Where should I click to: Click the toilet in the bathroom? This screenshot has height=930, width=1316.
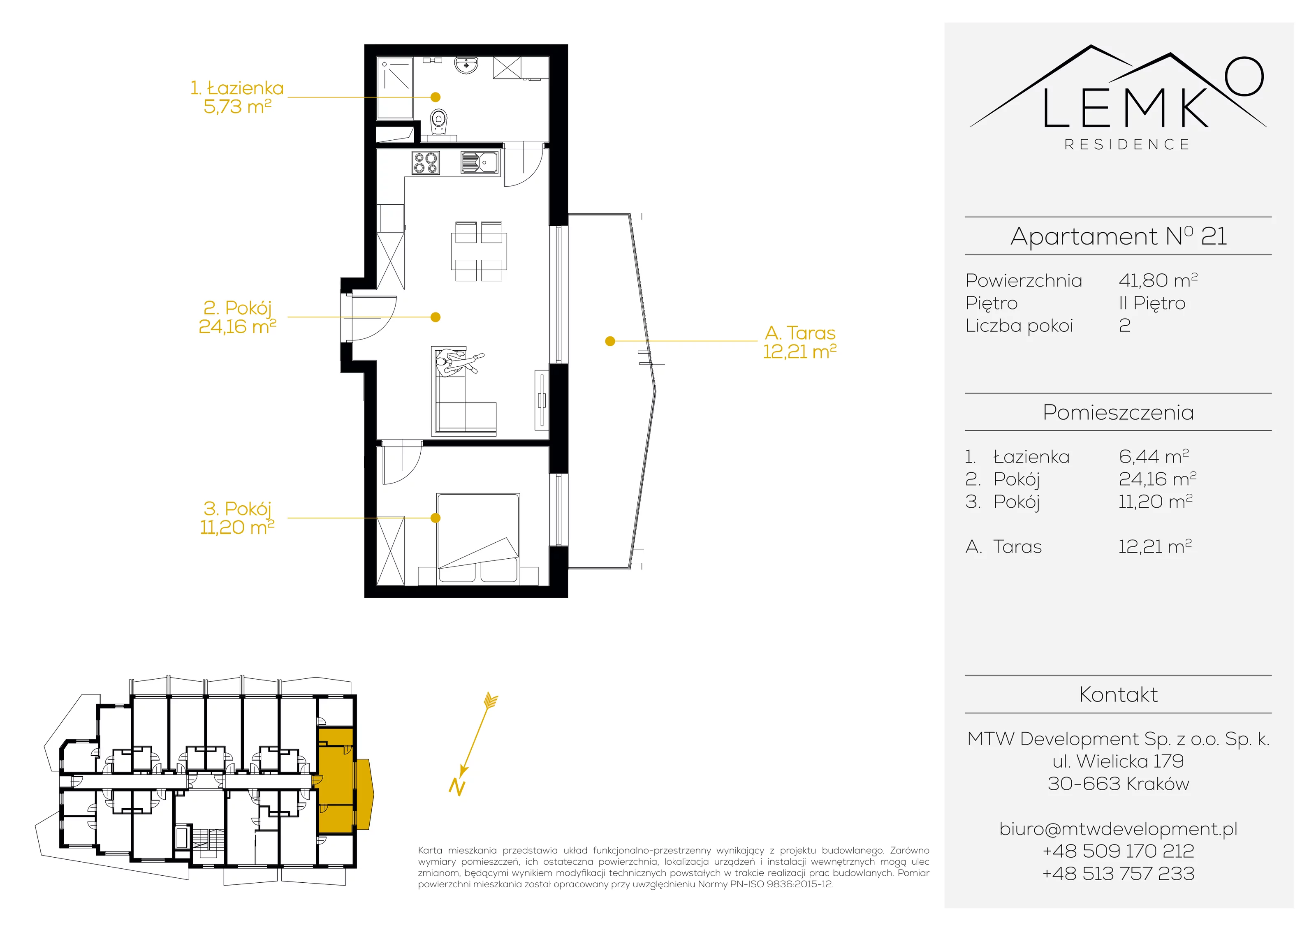click(439, 123)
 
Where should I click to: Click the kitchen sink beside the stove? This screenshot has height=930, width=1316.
click(480, 162)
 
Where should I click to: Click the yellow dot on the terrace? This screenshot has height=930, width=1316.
click(610, 341)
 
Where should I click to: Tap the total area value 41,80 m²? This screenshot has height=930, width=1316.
click(1158, 280)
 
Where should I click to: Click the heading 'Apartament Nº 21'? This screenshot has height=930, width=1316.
click(1118, 236)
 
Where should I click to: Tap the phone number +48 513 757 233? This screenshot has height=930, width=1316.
click(1118, 874)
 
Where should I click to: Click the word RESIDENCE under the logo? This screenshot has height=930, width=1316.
click(1127, 144)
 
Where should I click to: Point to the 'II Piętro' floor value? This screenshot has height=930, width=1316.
click(1152, 303)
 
